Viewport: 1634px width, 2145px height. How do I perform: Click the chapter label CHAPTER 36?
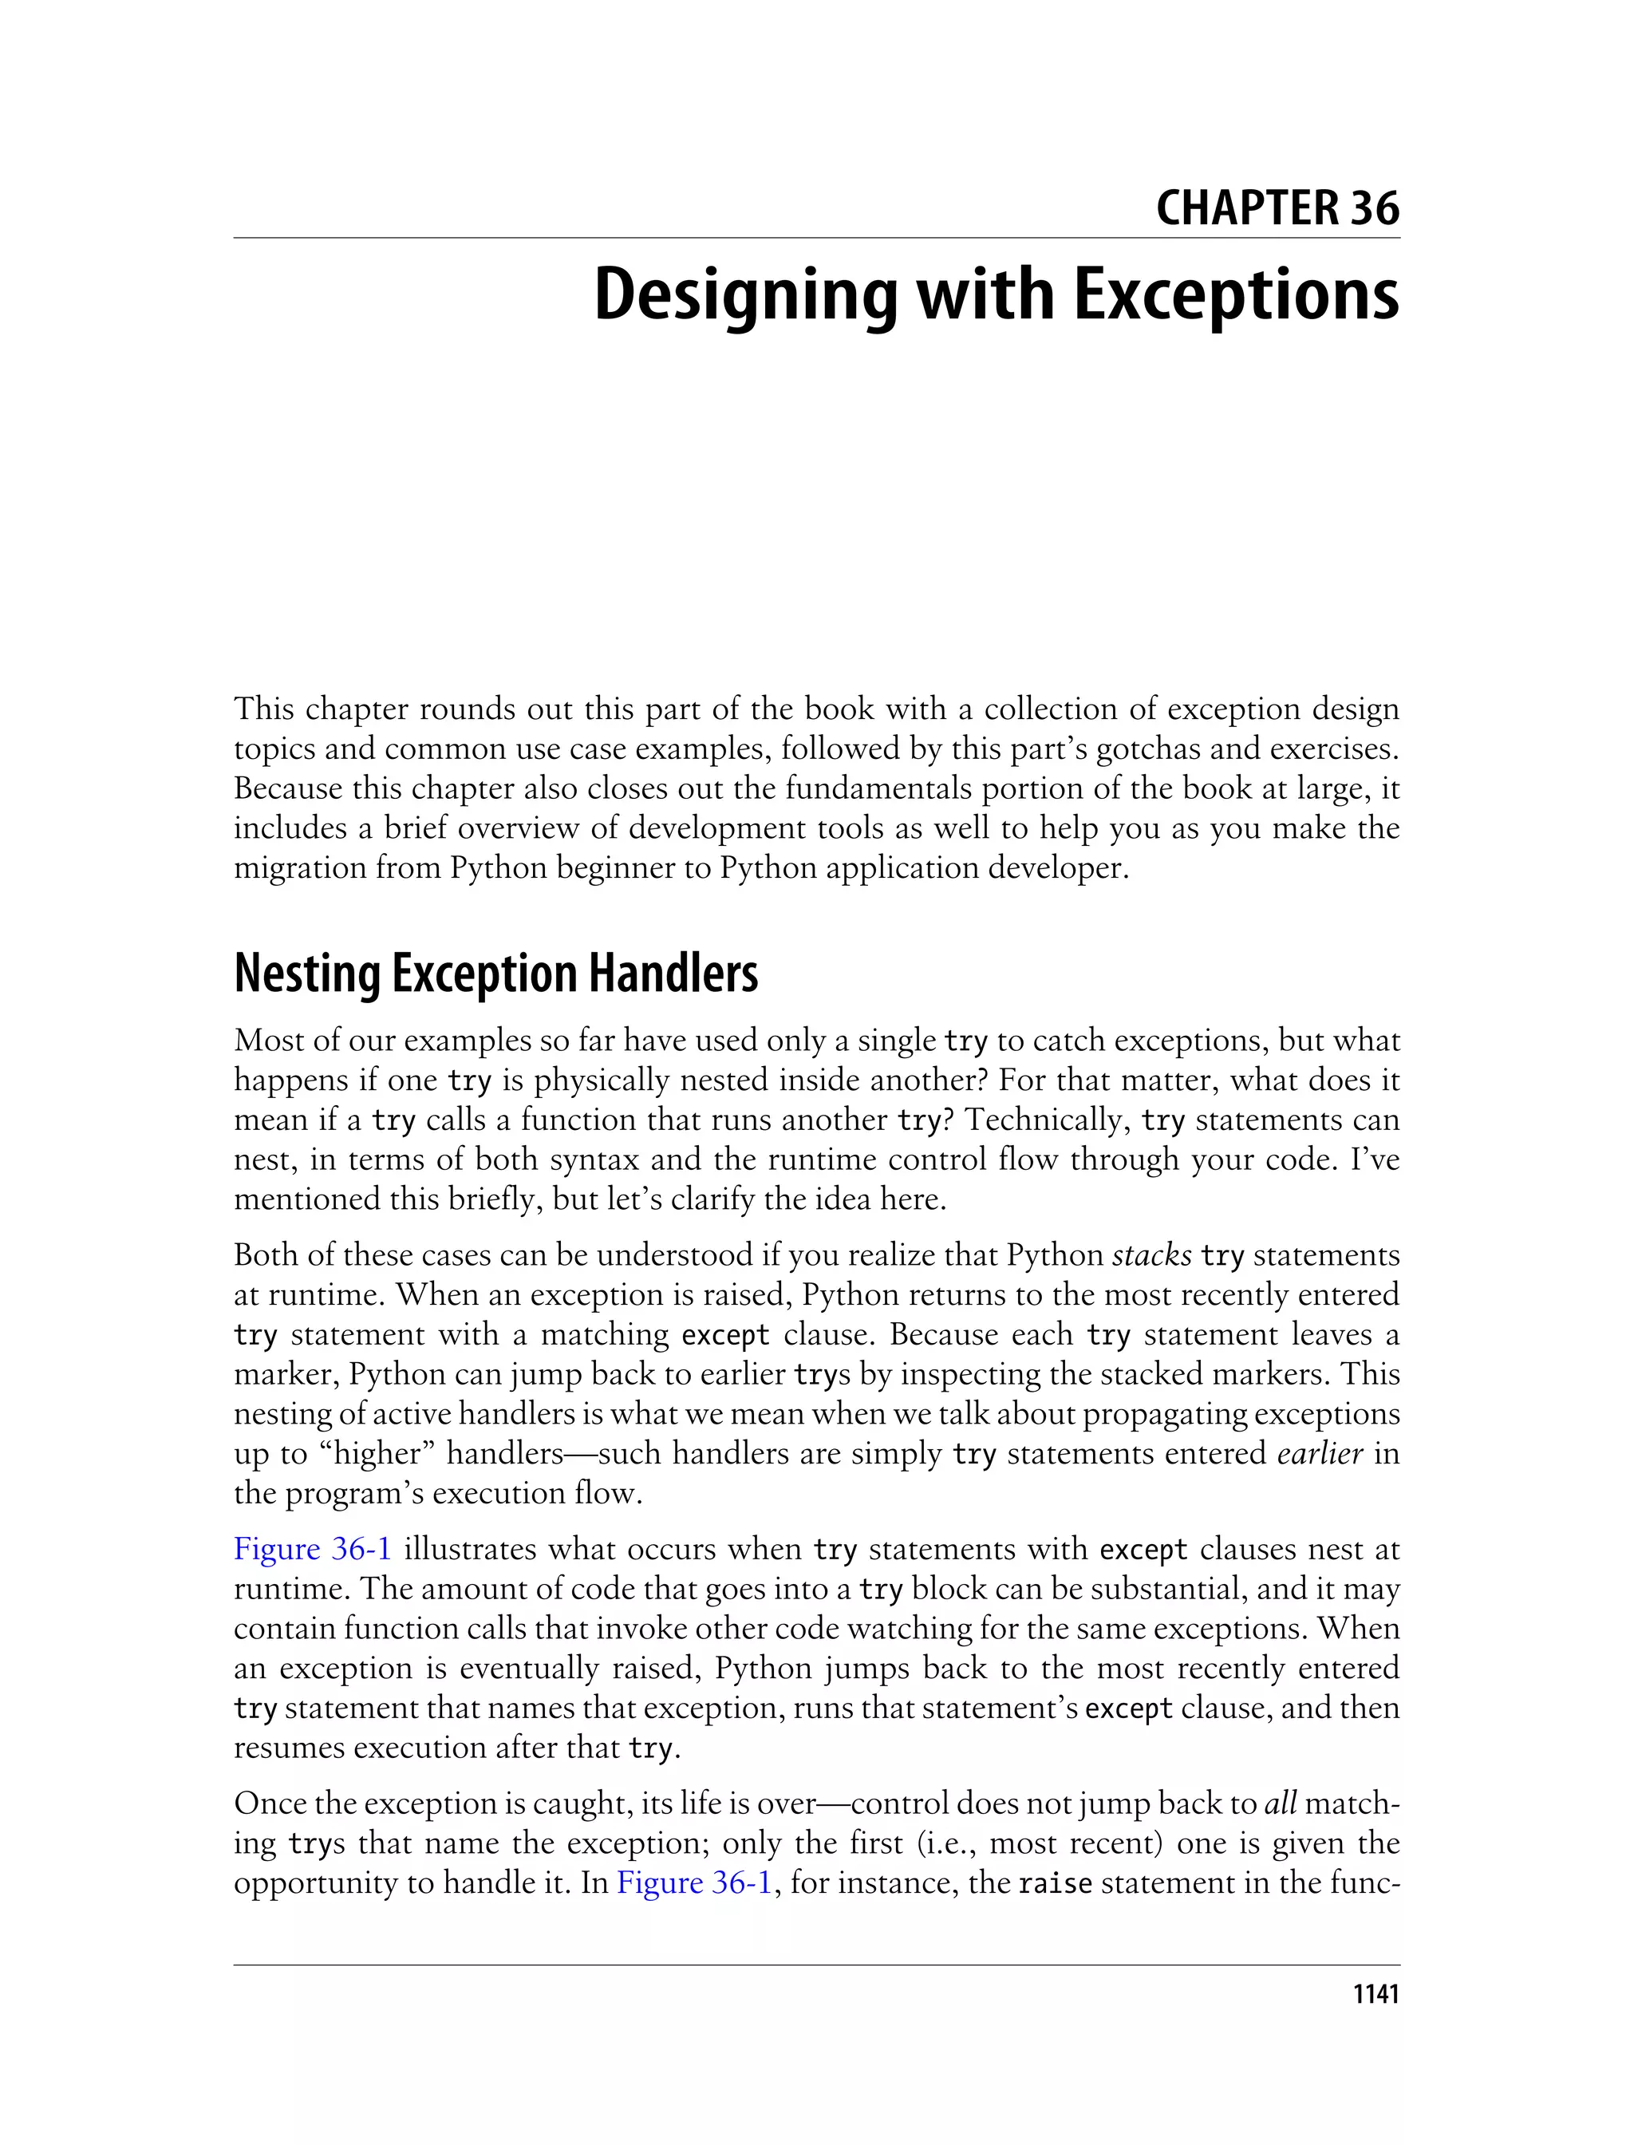pos(1277,208)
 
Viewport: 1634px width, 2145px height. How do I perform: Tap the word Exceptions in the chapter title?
pos(1236,296)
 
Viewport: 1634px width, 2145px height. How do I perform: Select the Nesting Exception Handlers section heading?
pos(496,974)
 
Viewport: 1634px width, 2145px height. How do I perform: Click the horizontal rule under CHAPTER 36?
pos(817,237)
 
